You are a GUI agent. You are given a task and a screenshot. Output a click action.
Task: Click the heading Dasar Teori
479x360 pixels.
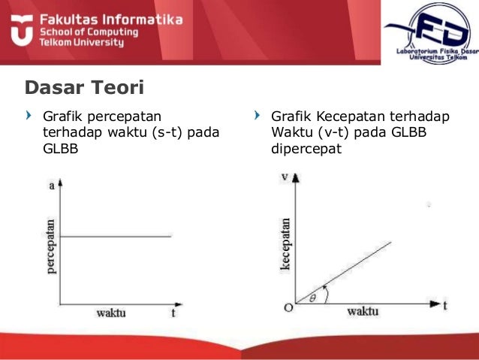(x=84, y=88)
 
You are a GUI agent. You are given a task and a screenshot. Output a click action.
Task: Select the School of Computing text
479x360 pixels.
(x=91, y=32)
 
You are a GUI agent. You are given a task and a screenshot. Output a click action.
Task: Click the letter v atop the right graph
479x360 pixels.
(x=285, y=177)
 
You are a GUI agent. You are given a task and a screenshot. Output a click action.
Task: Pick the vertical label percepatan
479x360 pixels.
(x=52, y=246)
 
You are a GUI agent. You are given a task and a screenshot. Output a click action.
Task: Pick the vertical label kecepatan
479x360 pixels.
(x=285, y=243)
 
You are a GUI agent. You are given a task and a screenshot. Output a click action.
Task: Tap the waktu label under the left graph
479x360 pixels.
(x=110, y=311)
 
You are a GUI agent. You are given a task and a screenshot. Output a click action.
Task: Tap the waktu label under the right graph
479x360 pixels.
(x=362, y=311)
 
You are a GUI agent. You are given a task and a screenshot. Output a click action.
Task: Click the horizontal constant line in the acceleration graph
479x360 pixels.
(x=116, y=237)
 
